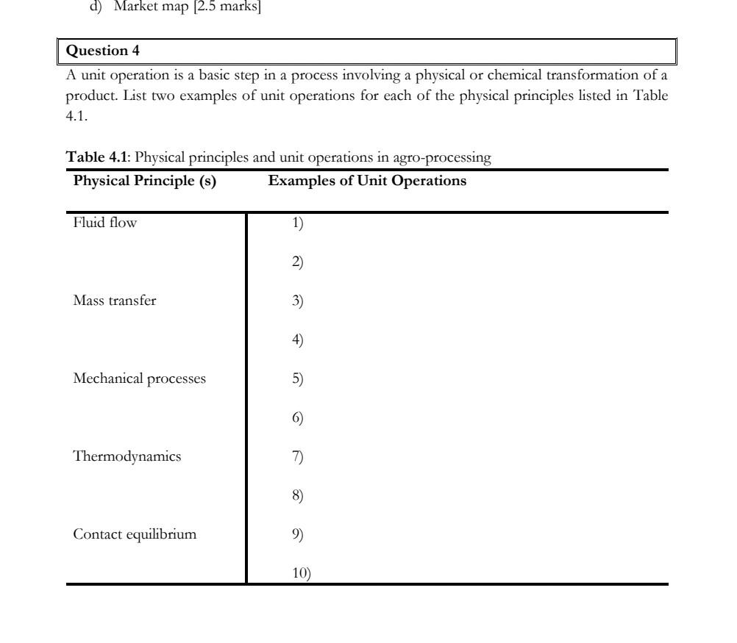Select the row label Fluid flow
tap(105, 223)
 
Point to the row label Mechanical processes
tap(140, 379)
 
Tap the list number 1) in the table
tap(298, 223)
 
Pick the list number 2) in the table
tap(298, 262)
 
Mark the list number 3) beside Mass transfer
tap(298, 301)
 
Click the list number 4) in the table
tap(298, 340)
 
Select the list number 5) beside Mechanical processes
tap(298, 379)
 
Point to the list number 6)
tap(298, 418)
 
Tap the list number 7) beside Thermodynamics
tap(298, 457)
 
